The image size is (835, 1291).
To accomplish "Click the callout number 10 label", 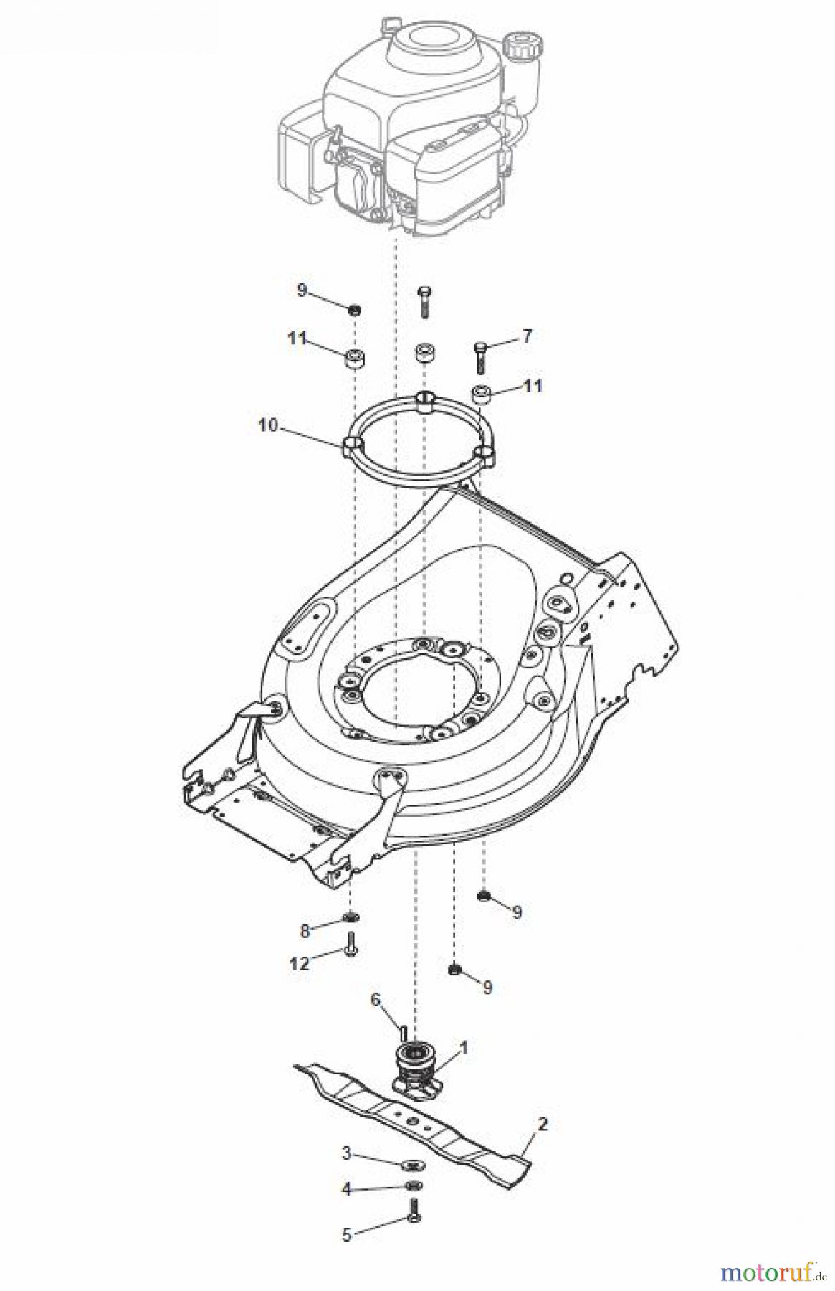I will (x=267, y=425).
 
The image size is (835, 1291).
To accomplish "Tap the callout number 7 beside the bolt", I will (x=527, y=335).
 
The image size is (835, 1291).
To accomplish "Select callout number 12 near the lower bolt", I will (x=299, y=963).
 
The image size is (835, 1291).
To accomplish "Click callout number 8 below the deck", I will (x=305, y=931).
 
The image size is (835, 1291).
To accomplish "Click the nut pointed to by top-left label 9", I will (x=354, y=310).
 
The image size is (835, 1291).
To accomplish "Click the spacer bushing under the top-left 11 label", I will (x=353, y=357).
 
